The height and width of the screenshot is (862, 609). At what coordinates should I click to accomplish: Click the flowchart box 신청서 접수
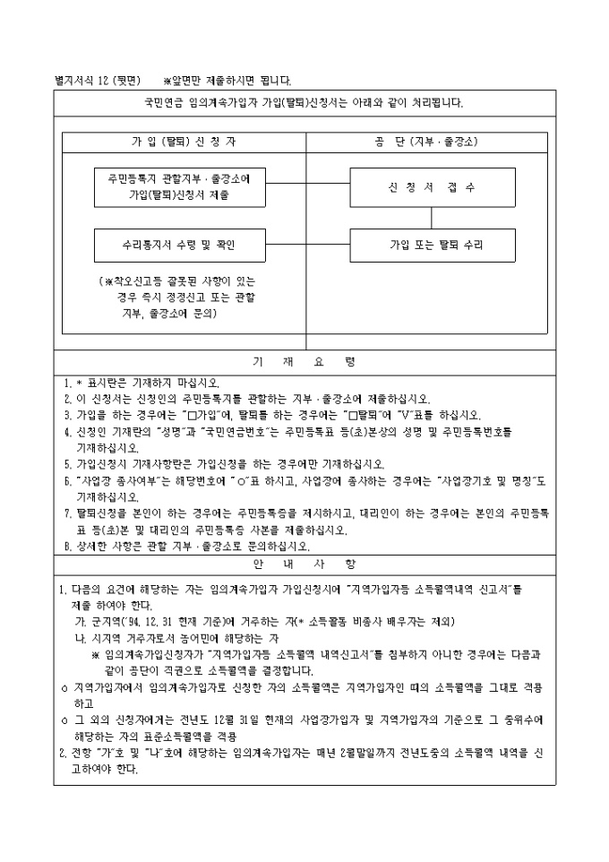coord(432,187)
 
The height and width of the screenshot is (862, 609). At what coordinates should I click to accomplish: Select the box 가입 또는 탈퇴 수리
coord(432,244)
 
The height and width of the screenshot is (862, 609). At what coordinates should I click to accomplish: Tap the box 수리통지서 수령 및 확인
coord(168,244)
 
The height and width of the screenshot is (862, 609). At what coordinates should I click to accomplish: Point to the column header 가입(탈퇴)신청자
coord(183,142)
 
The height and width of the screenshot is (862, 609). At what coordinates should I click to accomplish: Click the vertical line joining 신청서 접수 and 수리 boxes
coord(432,218)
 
